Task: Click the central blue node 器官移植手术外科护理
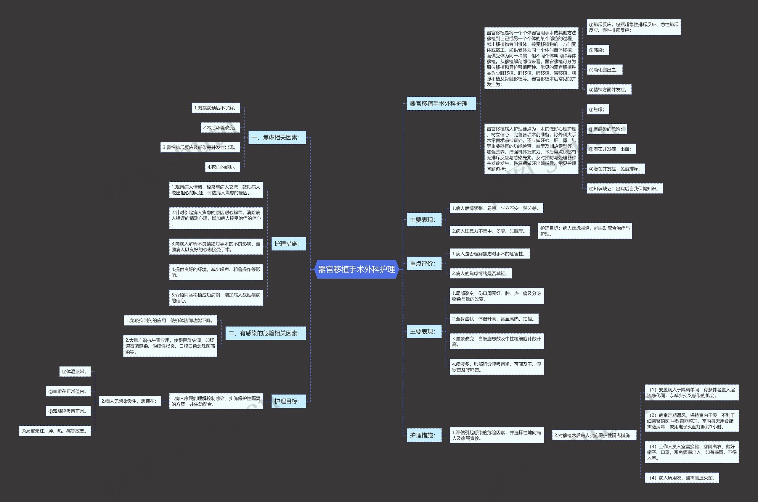coord(356,269)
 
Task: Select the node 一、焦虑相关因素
coord(277,137)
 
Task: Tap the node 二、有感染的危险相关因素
coord(266,333)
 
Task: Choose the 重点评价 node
coord(424,264)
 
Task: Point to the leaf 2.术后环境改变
coord(220,127)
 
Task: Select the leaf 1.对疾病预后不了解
coord(216,108)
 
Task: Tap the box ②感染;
coord(598,50)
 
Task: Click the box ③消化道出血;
coord(604,70)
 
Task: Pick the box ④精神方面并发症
coord(609,90)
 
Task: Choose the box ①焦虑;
coord(598,109)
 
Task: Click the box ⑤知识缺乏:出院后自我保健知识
coord(624,188)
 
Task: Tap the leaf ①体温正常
coord(75,371)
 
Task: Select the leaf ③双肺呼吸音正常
coord(68,411)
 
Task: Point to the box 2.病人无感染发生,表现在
coord(130,401)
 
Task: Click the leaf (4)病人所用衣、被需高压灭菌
coord(682,478)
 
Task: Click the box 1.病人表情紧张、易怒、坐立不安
coord(496,209)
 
